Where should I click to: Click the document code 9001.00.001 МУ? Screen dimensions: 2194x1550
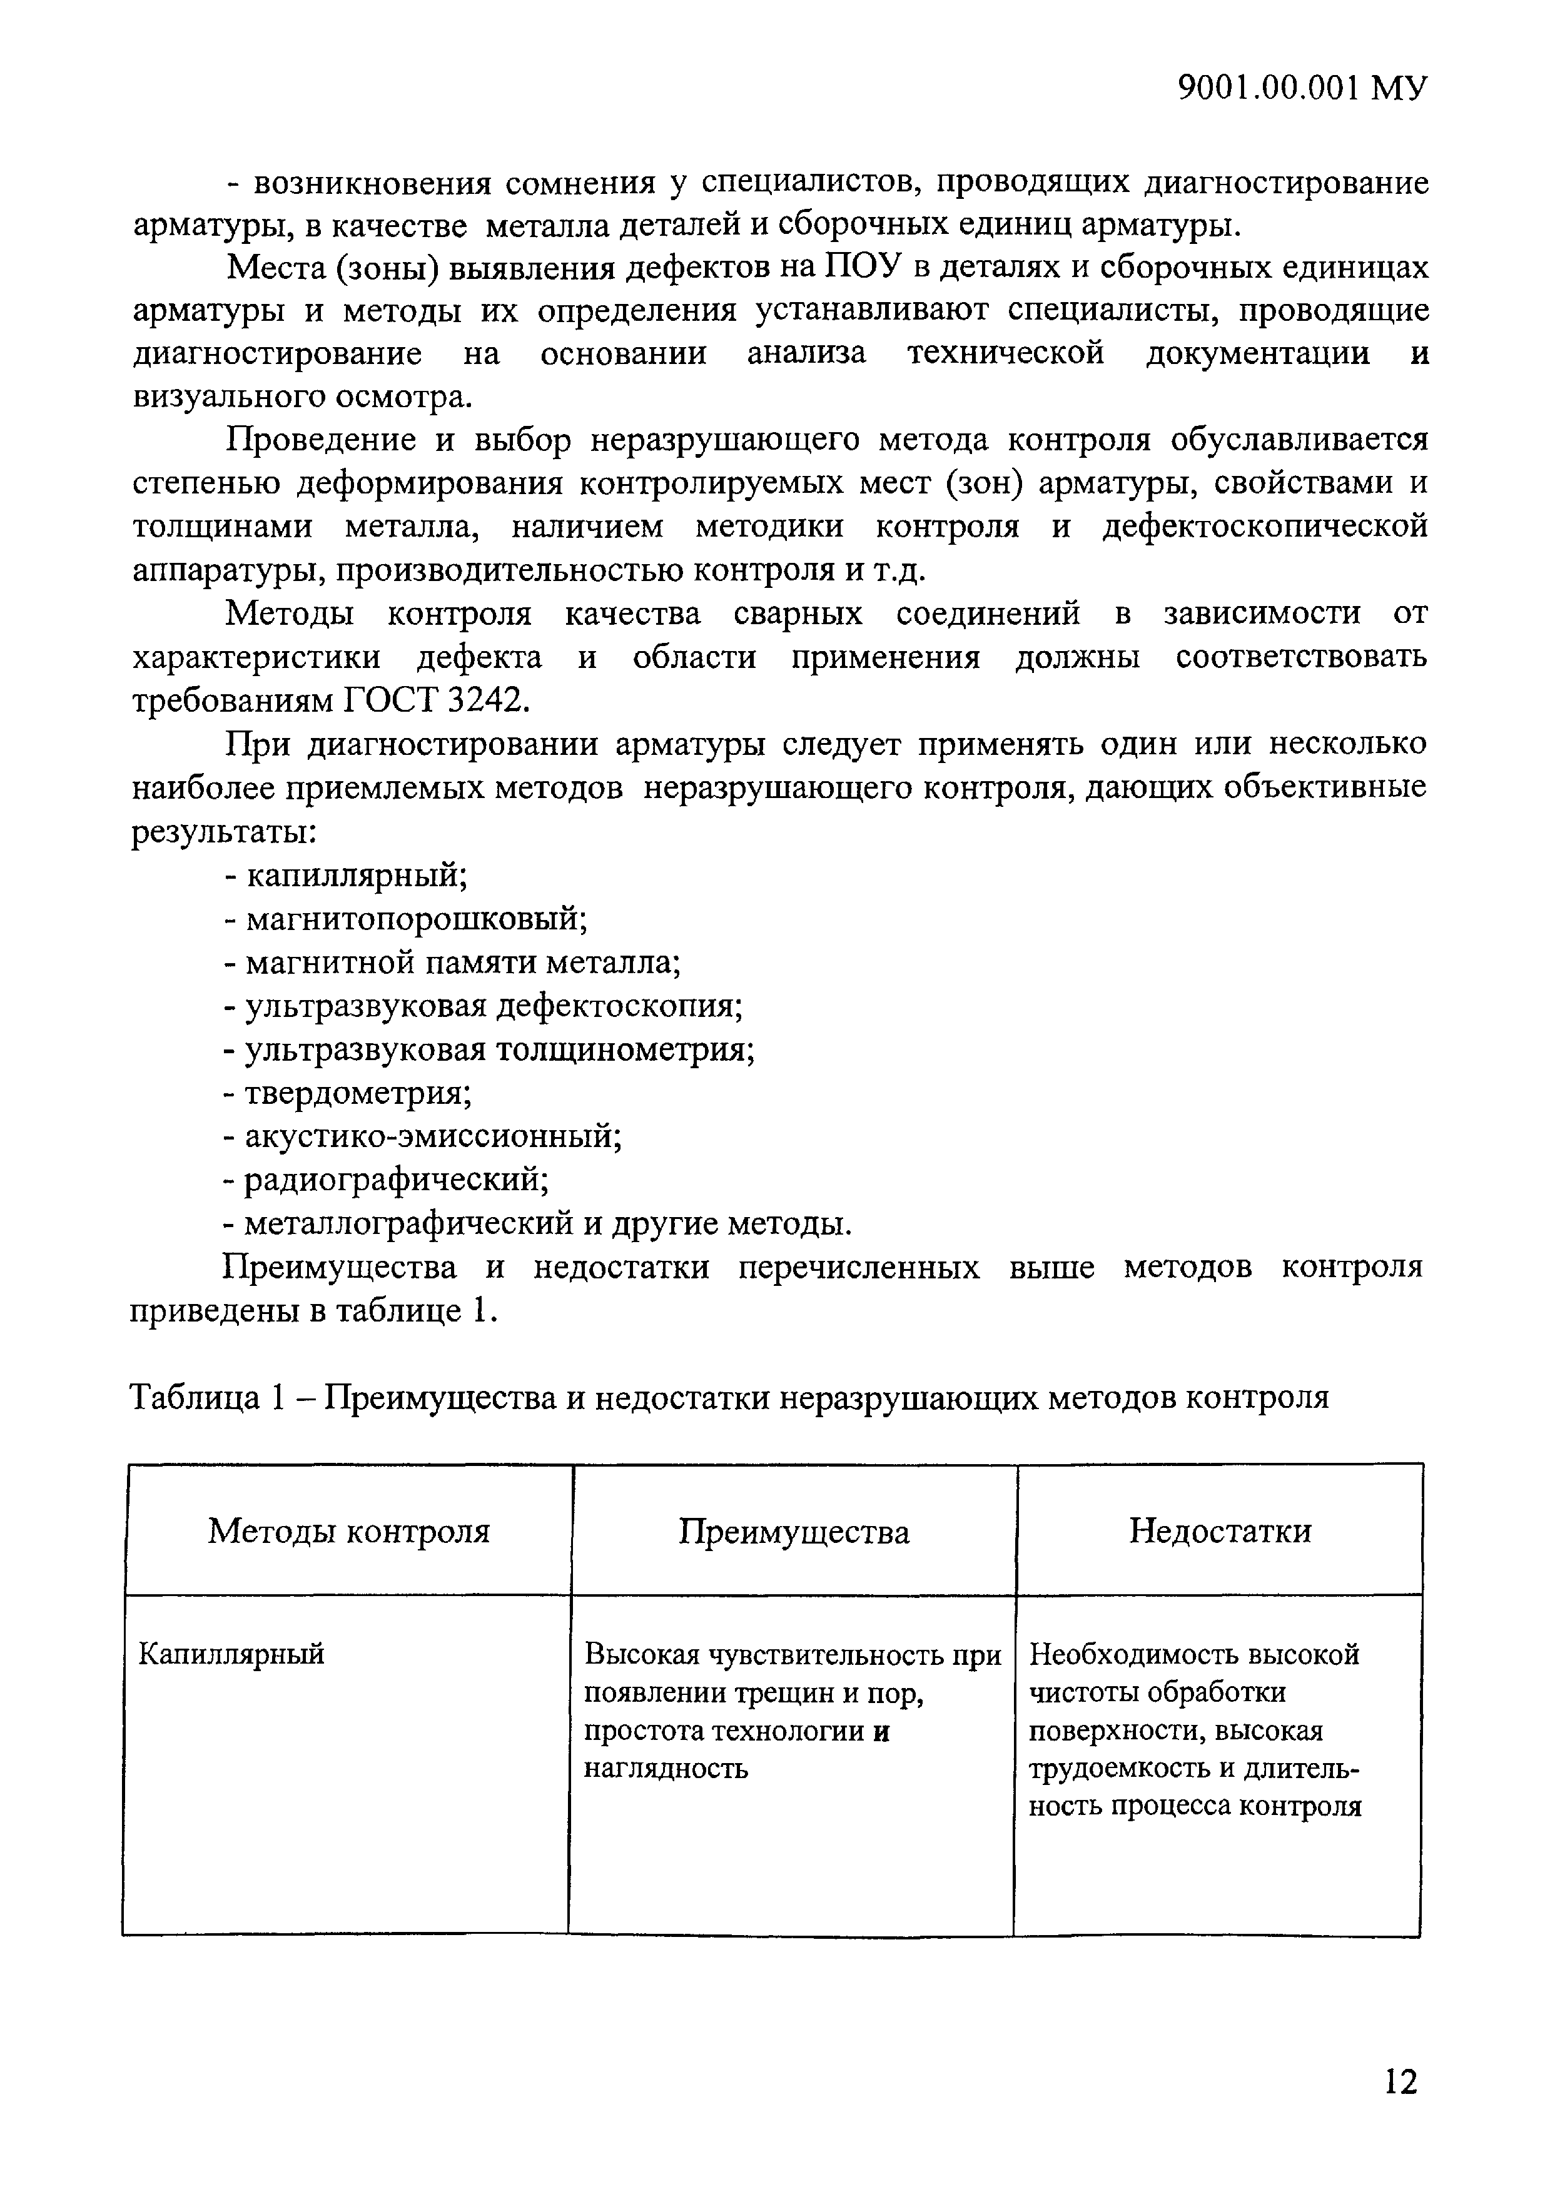tap(1302, 88)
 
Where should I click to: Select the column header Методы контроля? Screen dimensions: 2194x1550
tap(349, 1532)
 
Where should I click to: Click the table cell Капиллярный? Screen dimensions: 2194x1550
tap(232, 1654)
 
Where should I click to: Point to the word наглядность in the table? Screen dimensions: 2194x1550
tap(666, 1769)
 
